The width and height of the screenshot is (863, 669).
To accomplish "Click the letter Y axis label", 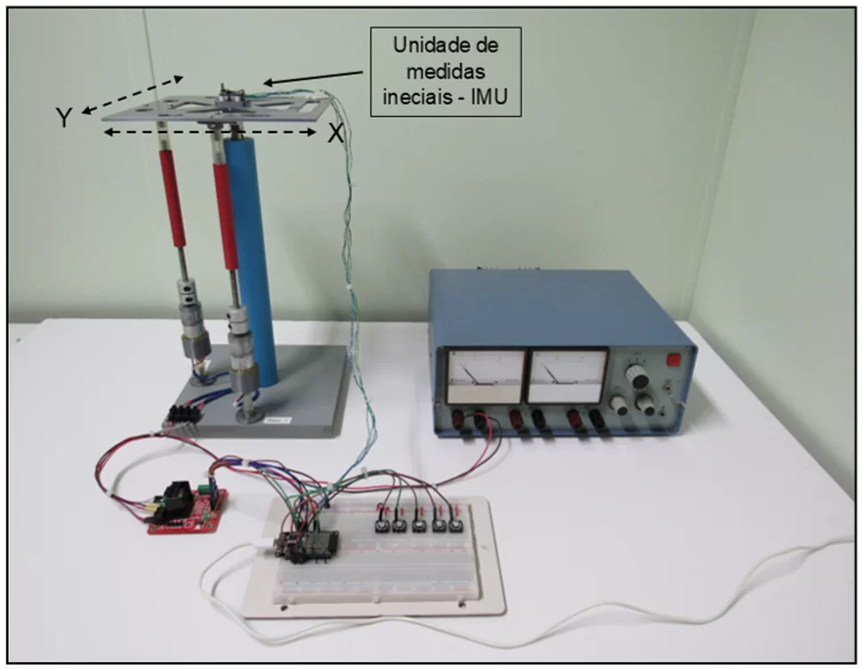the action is coord(64,117).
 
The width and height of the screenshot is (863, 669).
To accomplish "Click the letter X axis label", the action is coord(335,133).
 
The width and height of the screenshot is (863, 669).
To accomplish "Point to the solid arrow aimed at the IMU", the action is coord(313,77).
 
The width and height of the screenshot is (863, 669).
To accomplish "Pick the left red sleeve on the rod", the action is coord(172,198).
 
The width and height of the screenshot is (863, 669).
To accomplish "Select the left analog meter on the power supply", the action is coord(486,376).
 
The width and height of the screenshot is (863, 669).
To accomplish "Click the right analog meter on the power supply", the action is coord(568,376).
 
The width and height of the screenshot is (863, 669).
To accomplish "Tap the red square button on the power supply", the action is coord(673,360).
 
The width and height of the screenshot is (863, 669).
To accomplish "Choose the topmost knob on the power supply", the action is coord(637,377).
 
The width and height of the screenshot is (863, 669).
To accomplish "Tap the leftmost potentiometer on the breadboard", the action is coord(380,526).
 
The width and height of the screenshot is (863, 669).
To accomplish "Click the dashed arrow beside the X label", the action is coord(211,132).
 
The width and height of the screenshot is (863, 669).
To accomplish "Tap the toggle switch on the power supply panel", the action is coord(667,389).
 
